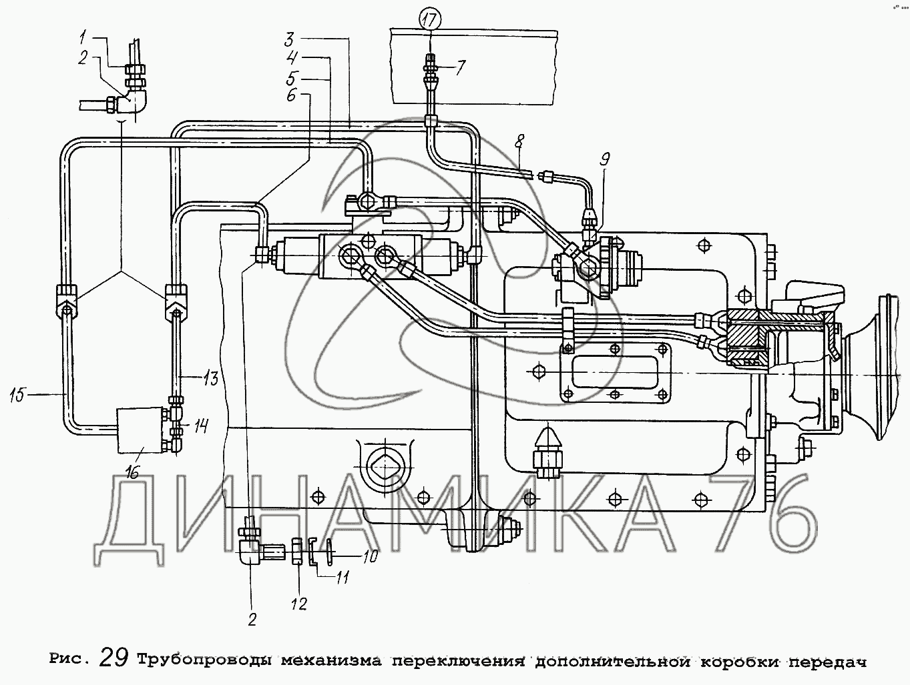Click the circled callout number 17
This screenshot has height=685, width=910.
[x=431, y=19]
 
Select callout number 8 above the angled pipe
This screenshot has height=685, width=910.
[x=520, y=143]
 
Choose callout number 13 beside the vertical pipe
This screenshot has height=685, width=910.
[x=211, y=379]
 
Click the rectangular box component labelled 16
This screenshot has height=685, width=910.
[x=139, y=431]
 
